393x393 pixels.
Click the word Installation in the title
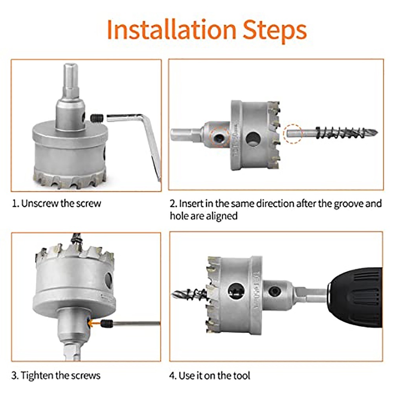point(171,29)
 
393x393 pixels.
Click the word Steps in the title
point(275,31)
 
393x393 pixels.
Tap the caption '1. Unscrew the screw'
point(56,203)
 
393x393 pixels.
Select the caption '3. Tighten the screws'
point(56,375)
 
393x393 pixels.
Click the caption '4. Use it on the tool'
point(209,375)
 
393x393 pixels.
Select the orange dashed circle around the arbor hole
point(220,137)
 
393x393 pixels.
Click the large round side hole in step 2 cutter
point(253,139)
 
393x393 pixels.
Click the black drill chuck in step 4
point(355,298)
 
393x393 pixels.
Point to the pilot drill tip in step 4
point(173,293)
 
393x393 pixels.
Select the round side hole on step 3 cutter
point(108,280)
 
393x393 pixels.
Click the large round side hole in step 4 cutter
point(236,291)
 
